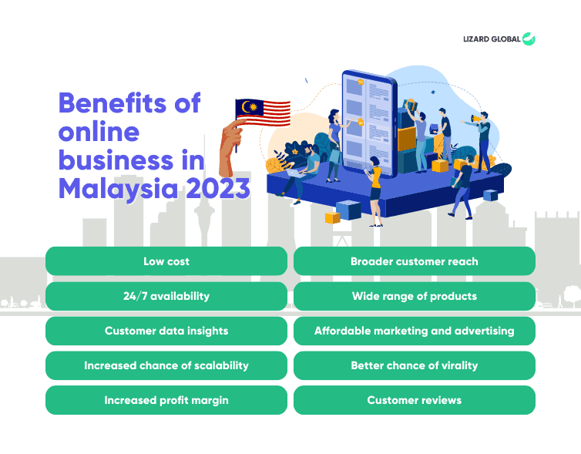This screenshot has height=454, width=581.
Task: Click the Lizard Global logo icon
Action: [x=529, y=39]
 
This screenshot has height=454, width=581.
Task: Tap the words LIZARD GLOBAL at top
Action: [x=492, y=39]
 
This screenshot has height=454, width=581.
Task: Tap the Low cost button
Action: [x=166, y=261]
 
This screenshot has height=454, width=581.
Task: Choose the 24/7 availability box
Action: [x=166, y=296]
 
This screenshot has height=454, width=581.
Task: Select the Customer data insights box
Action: [x=166, y=331]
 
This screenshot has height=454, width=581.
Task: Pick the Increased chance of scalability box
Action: [x=166, y=365]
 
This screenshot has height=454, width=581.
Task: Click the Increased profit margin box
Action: [x=166, y=400]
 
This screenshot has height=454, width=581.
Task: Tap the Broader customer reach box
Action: [x=414, y=261]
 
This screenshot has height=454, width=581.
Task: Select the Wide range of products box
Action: [x=414, y=296]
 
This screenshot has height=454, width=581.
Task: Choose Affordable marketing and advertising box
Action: [x=414, y=331]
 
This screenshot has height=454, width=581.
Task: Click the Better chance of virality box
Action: [x=414, y=365]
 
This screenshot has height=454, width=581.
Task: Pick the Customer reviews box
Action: [x=414, y=400]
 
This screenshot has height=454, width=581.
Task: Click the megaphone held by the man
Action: [x=478, y=119]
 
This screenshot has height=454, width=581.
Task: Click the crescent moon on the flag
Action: [x=248, y=107]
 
